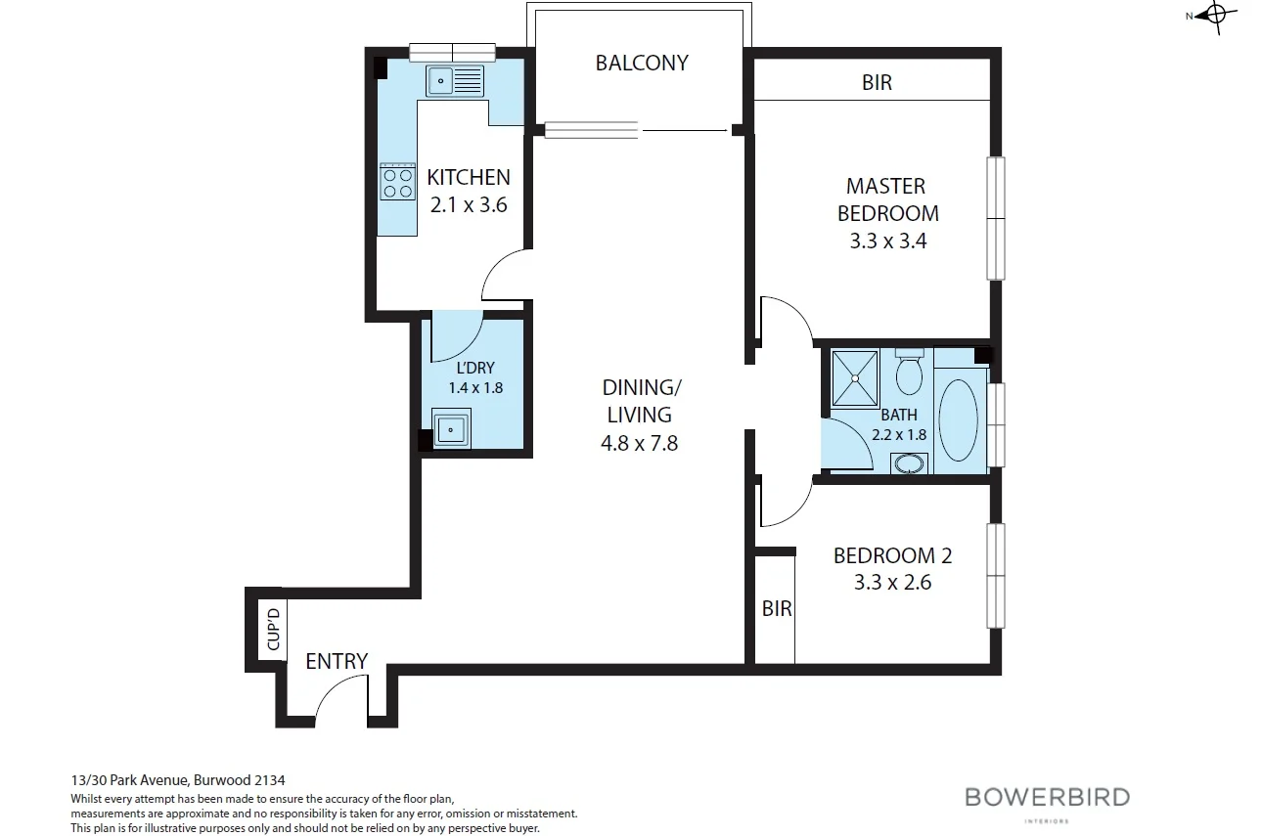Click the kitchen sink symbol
pyautogui.click(x=455, y=81)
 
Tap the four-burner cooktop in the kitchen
pyautogui.click(x=397, y=182)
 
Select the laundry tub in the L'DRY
pyautogui.click(x=452, y=428)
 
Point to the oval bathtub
pyautogui.click(x=958, y=418)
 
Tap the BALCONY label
pyautogui.click(x=642, y=63)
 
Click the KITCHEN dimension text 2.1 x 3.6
pyautogui.click(x=469, y=205)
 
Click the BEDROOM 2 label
pyautogui.click(x=892, y=555)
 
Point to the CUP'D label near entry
pyautogui.click(x=274, y=630)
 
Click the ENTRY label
pyautogui.click(x=337, y=661)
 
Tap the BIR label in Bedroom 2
pyautogui.click(x=777, y=608)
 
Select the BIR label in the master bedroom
pyautogui.click(x=877, y=83)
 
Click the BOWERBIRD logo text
pyautogui.click(x=1047, y=796)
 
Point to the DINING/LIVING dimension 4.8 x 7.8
pyautogui.click(x=640, y=443)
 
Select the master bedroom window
pyautogui.click(x=995, y=218)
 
